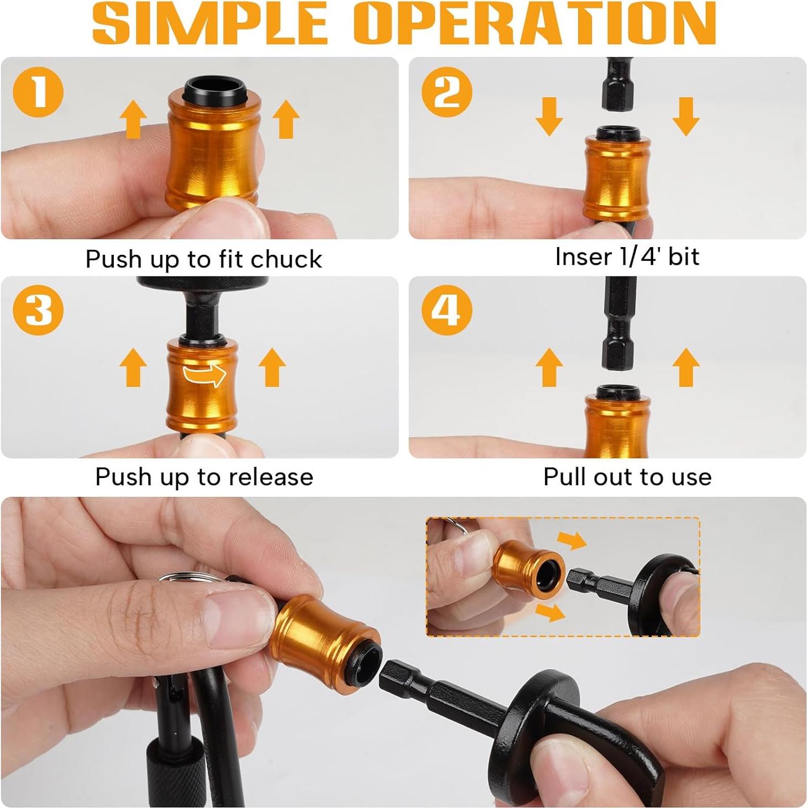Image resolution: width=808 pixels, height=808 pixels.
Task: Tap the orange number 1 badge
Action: pyautogui.click(x=38, y=92)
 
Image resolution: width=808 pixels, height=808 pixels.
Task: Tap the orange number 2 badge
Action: pyautogui.click(x=447, y=92)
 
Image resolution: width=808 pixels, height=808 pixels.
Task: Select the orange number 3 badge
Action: pyautogui.click(x=38, y=311)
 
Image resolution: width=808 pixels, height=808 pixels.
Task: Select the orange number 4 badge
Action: pyautogui.click(x=447, y=311)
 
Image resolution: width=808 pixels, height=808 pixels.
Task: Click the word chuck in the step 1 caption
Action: pyautogui.click(x=286, y=259)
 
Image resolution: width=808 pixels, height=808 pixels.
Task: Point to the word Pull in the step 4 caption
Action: pyautogui.click(x=564, y=476)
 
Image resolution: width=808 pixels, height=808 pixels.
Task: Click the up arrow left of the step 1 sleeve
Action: pyautogui.click(x=133, y=119)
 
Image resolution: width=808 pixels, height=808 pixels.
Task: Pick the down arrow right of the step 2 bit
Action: pyautogui.click(x=686, y=117)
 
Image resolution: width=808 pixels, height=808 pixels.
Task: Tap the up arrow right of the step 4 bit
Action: pyautogui.click(x=686, y=368)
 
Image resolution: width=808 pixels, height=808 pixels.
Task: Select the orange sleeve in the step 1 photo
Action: pyautogui.click(x=214, y=152)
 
